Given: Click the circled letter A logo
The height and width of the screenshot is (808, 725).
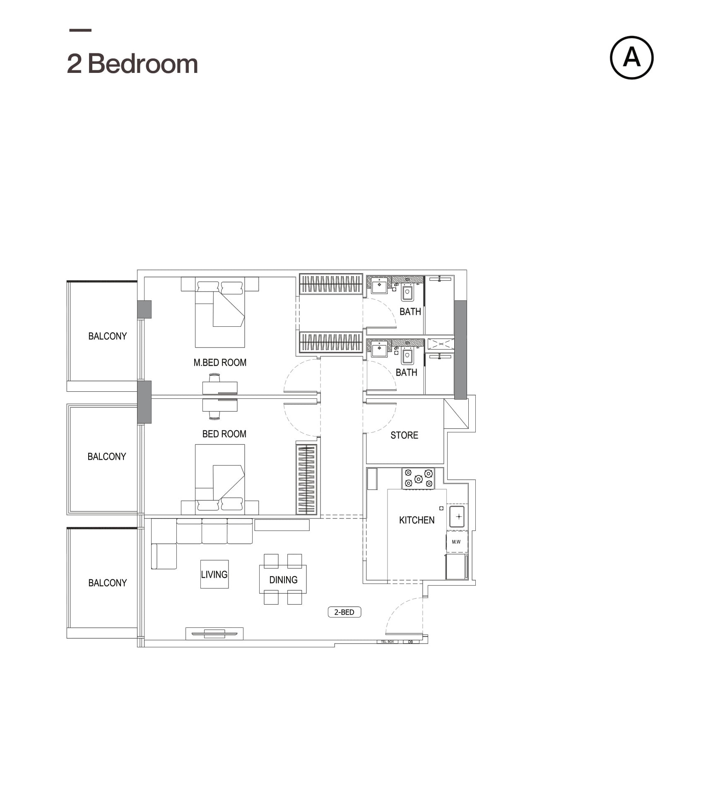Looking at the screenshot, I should tap(631, 58).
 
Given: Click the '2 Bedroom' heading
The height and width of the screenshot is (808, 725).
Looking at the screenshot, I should tap(132, 64).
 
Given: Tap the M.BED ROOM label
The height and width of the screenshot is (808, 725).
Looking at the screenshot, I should tap(219, 362).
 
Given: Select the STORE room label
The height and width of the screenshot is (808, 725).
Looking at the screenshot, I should tap(404, 435).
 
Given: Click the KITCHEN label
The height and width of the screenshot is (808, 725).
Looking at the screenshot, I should tap(416, 520).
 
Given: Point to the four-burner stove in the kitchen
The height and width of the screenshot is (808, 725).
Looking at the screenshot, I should tap(418, 478).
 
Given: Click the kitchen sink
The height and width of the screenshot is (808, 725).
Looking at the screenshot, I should tap(457, 516).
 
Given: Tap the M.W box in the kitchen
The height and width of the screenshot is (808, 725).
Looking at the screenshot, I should tap(456, 542).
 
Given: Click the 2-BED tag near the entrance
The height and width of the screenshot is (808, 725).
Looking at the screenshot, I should tap(344, 612).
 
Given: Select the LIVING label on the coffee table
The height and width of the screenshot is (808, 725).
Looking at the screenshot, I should tap(214, 574).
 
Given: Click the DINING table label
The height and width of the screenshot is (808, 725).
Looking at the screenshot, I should tap(283, 580).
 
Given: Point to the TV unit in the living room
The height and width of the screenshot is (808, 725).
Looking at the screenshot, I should tap(214, 633).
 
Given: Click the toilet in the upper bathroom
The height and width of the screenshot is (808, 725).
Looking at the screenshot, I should tap(407, 292).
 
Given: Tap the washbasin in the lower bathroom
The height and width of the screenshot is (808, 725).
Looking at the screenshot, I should tap(379, 349).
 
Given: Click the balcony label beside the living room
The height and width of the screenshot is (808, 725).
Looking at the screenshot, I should tap(107, 583).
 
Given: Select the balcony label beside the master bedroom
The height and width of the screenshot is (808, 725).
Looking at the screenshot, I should tap(107, 336).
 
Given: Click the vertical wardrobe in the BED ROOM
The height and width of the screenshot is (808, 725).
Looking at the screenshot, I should tap(306, 479).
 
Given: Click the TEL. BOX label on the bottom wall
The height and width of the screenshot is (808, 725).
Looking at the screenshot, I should tap(387, 642).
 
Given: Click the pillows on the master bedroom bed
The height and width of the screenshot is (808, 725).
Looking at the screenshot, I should tap(220, 287).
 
